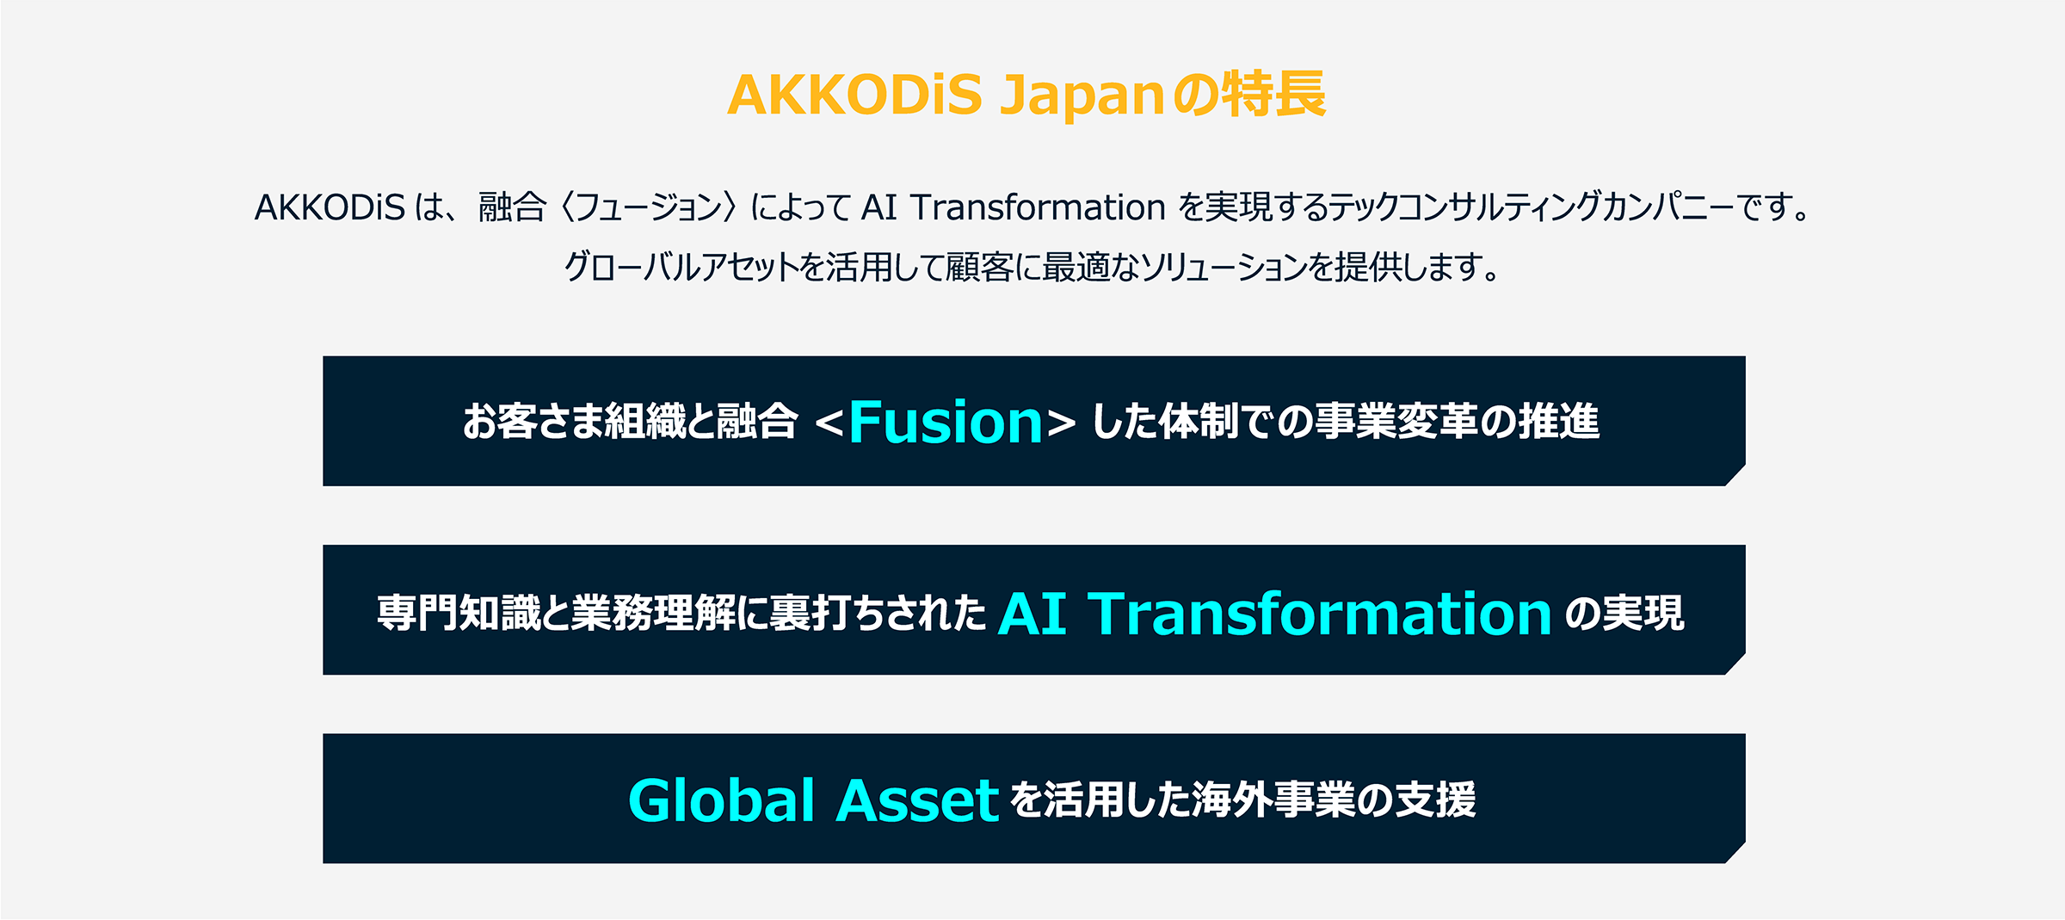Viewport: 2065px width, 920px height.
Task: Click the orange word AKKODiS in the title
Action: tap(854, 94)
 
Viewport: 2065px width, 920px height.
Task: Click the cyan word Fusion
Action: tap(946, 422)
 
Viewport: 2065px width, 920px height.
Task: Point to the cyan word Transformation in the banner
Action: tap(1320, 614)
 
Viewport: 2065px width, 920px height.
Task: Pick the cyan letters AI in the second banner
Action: tap(1032, 614)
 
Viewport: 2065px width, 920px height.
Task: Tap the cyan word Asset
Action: tap(917, 801)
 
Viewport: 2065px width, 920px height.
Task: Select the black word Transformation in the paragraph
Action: tap(1038, 207)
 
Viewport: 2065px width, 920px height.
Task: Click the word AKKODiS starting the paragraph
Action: tap(330, 207)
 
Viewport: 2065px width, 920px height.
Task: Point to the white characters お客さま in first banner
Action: tap(533, 422)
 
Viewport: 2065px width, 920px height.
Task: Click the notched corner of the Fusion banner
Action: tap(1735, 475)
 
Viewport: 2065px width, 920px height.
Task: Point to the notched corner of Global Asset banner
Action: tap(1735, 852)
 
